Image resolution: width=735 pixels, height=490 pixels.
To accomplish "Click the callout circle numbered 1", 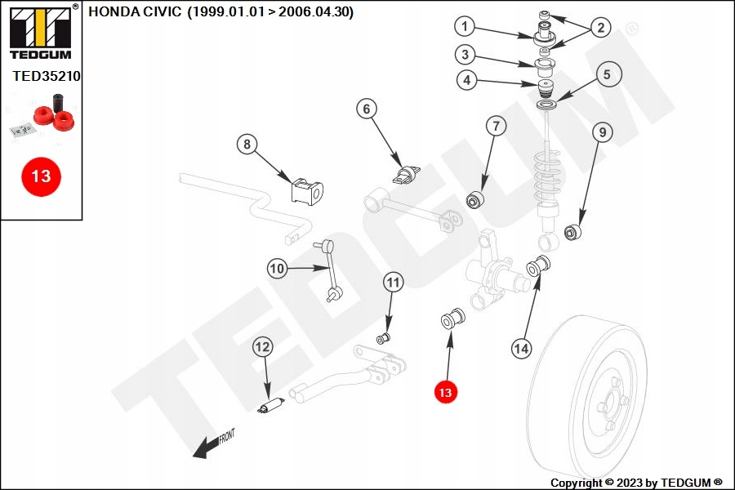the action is pos(465,26).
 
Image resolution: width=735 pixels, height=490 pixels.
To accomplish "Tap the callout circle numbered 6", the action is pos(367,109).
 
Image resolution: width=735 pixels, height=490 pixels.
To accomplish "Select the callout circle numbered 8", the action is pos(247,144).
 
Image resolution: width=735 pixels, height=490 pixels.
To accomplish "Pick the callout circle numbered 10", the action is pos(277,268).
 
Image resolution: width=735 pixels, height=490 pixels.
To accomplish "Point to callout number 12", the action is pos(262,347).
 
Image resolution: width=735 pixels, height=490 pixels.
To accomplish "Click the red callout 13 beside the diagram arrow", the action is pos(445,392).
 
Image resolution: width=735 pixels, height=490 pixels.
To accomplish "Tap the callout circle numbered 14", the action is pos(521,349).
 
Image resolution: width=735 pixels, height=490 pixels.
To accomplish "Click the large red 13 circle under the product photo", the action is pos(42,176).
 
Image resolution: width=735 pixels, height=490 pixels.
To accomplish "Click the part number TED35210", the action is pos(47,76).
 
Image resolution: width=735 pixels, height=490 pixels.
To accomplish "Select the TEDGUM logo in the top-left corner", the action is pos(42,32).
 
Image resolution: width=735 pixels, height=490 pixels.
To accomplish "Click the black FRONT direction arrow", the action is pos(213,444).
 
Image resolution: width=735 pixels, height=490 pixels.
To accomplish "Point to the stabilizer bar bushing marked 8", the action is pos(307,191).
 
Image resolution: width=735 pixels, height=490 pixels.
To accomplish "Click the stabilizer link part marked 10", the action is pos(330,270).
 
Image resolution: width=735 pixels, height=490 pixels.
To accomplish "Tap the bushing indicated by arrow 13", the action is pos(452,318).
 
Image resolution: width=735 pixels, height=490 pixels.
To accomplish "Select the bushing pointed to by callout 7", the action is pos(477,199).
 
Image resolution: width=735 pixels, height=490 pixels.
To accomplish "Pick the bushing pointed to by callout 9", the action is pos(572,232).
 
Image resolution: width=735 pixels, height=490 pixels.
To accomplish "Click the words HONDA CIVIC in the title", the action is pos(135,11).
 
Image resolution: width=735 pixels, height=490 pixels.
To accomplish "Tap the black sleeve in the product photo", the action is pos(58,103).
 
